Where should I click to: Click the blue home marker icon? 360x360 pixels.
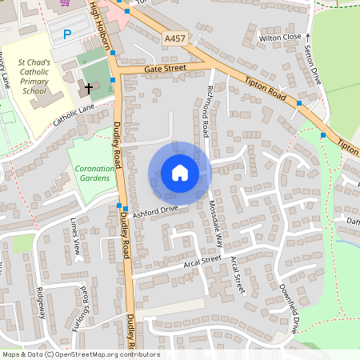click(x=179, y=172)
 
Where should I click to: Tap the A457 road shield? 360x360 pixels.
click(x=175, y=38)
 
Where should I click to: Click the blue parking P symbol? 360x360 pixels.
click(x=67, y=34)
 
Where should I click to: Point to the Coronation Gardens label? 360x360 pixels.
click(x=94, y=174)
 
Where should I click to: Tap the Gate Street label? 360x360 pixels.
click(x=165, y=69)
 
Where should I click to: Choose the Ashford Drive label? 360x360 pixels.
click(x=155, y=211)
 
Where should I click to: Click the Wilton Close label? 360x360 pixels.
click(x=279, y=37)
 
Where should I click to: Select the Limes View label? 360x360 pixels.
click(x=77, y=230)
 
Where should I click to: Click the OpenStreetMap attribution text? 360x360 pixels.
click(x=81, y=354)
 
